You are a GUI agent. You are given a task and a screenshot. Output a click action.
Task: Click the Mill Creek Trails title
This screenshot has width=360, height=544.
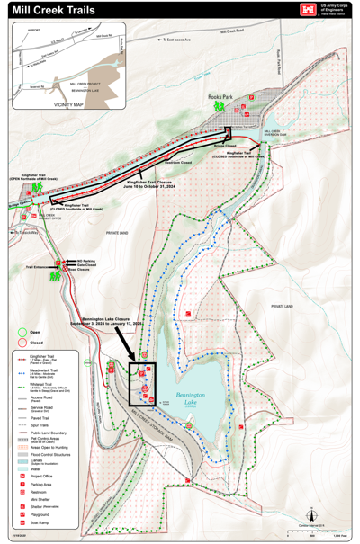pos(55,9)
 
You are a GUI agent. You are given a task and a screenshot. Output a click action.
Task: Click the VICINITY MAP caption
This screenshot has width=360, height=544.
pos(68,104)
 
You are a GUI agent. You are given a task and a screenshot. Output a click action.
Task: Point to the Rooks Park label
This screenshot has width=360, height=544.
pos(220,96)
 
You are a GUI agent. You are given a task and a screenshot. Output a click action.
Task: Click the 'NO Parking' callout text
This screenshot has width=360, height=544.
pos(86,260)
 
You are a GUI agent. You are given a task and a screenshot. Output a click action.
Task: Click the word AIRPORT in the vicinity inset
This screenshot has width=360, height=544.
pos(34,30)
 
